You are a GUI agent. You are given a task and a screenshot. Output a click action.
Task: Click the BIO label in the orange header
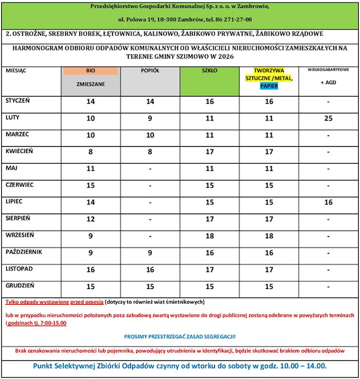pyautogui.click(x=91, y=71)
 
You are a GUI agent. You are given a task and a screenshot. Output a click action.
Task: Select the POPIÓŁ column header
pyautogui.click(x=149, y=71)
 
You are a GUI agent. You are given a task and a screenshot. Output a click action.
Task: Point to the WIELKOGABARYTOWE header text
pyautogui.click(x=328, y=70)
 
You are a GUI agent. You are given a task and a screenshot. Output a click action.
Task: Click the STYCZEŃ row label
pyautogui.click(x=17, y=101)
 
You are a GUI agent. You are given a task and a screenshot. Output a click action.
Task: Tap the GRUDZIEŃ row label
pyautogui.click(x=19, y=285)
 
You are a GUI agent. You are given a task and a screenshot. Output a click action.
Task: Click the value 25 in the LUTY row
pyautogui.click(x=328, y=119)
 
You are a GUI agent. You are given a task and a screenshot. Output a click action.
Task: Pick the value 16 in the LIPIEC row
pyautogui.click(x=328, y=203)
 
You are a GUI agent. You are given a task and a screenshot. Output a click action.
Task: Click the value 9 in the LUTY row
pyautogui.click(x=149, y=119)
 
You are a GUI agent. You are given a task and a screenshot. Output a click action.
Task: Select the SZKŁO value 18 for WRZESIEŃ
pyautogui.click(x=209, y=236)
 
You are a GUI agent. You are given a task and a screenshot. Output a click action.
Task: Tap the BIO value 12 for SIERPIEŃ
pyautogui.click(x=91, y=219)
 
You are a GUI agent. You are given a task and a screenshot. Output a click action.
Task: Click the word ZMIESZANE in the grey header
pyautogui.click(x=91, y=85)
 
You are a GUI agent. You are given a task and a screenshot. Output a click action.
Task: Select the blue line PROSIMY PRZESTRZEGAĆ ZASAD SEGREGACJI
pyautogui.click(x=180, y=336)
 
